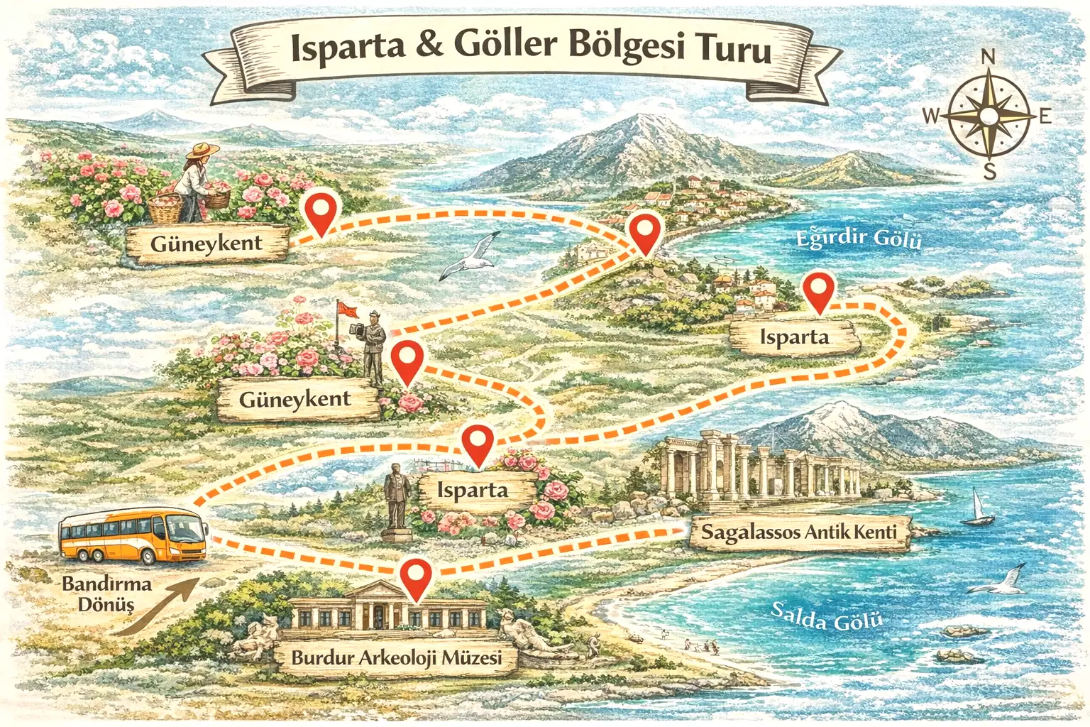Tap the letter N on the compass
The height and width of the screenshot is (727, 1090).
[x=988, y=57]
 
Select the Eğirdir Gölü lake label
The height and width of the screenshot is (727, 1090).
[x=858, y=238]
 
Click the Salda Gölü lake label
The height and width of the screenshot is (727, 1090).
[x=827, y=617]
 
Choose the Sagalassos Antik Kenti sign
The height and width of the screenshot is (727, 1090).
[x=799, y=532]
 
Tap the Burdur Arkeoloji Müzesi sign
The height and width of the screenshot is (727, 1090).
[x=396, y=657]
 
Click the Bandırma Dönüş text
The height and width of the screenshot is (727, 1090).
[x=106, y=594]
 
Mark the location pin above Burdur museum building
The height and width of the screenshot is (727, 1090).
[x=416, y=577]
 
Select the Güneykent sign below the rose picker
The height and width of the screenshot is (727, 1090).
[x=207, y=244]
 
